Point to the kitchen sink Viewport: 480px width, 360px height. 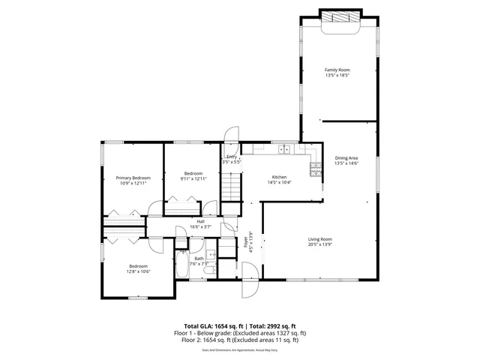(284, 149)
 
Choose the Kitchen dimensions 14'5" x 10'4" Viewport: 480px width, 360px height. (279, 181)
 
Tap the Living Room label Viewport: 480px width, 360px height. (319, 239)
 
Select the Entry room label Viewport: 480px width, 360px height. (232, 157)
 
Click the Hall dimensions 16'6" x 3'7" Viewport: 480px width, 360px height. (201, 226)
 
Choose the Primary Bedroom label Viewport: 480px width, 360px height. (132, 178)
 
